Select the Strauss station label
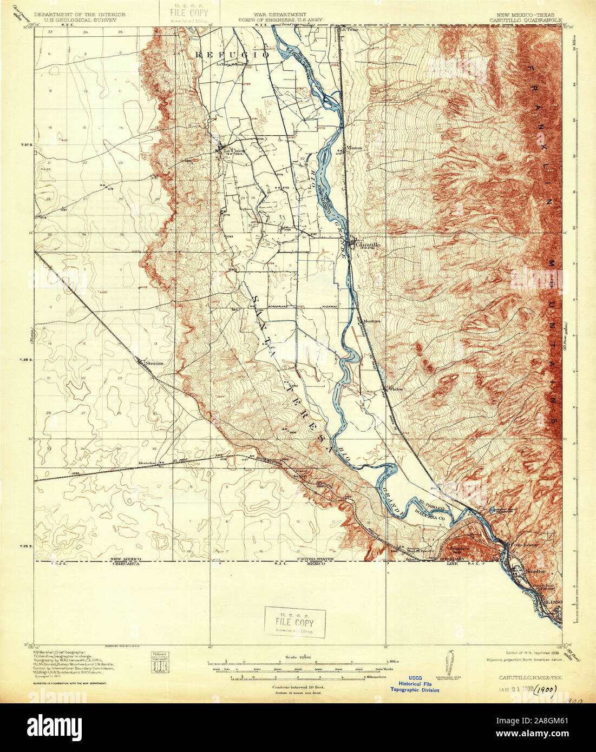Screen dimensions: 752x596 154,363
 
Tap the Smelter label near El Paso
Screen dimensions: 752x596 535,570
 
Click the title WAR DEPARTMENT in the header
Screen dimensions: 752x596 280,15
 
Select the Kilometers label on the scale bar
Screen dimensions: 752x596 379,677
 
